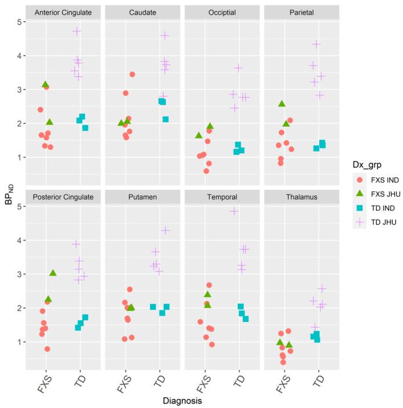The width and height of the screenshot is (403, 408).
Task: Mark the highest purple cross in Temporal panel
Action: [234, 211]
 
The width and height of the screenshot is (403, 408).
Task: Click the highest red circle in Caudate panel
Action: [132, 74]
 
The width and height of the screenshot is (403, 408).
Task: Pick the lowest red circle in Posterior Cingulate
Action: [47, 349]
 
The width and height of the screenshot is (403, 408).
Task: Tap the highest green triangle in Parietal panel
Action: [282, 104]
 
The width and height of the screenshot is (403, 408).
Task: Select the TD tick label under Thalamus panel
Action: [318, 378]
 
